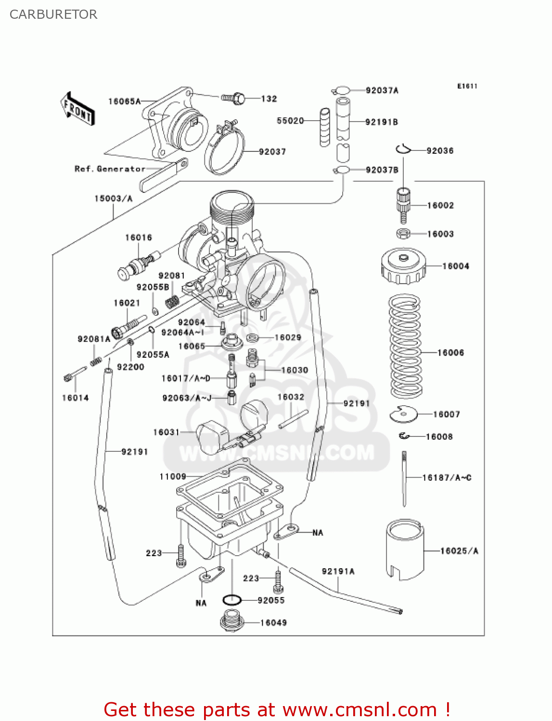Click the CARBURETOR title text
pyautogui.click(x=53, y=14)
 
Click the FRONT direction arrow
pyautogui.click(x=77, y=109)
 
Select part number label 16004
pyautogui.click(x=455, y=266)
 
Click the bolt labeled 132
pyautogui.click(x=234, y=99)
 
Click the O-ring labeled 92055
pyautogui.click(x=232, y=600)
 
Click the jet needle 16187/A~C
pyautogui.click(x=404, y=478)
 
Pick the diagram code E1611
pyautogui.click(x=467, y=86)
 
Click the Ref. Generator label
pyautogui.click(x=110, y=169)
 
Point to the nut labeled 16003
pyautogui.click(x=403, y=234)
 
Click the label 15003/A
pyautogui.click(x=113, y=199)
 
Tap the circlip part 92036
pyautogui.click(x=403, y=149)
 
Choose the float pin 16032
pyautogui.click(x=293, y=419)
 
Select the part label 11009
pyautogui.click(x=172, y=476)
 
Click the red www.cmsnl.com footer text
pyautogui.click(x=277, y=709)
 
